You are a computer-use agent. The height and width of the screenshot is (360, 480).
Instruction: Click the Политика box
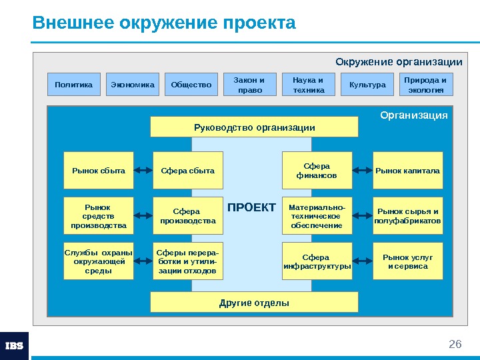74,85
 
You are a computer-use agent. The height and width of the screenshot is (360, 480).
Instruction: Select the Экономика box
133,85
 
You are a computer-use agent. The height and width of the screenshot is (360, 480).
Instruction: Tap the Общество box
191,85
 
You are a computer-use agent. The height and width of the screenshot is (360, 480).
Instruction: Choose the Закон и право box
249,85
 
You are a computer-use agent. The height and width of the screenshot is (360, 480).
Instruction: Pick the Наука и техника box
309,85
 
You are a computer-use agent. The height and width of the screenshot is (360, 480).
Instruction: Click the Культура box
367,85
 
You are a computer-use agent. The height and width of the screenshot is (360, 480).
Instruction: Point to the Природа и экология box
426,85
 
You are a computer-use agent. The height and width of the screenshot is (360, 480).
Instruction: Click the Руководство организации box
254,127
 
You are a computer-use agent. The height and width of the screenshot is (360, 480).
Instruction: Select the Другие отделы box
254,303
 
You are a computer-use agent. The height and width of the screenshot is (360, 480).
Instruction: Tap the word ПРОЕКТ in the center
251,207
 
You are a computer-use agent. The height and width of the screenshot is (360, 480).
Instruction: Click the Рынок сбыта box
99,171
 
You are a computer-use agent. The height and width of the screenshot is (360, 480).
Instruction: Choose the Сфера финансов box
317,171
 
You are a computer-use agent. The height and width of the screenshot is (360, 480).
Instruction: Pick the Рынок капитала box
408,171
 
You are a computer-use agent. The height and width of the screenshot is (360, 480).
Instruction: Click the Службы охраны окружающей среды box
99,261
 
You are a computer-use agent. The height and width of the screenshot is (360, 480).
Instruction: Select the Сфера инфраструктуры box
317,261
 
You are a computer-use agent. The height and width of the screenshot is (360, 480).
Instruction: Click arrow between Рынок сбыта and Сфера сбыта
143,171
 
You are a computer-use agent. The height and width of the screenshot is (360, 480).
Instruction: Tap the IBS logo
14,345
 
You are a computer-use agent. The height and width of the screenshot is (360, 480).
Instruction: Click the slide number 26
455,344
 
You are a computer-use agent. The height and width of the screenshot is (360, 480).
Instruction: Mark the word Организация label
414,115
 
